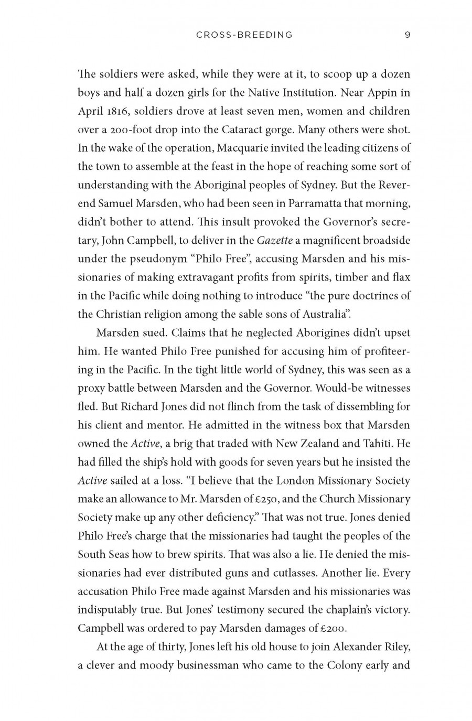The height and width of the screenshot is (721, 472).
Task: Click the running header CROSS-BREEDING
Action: tap(244, 35)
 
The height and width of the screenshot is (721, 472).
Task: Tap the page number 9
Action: tap(407, 35)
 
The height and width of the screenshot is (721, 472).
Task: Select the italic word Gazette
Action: tap(275, 240)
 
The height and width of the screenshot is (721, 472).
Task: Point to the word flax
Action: tap(401, 277)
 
